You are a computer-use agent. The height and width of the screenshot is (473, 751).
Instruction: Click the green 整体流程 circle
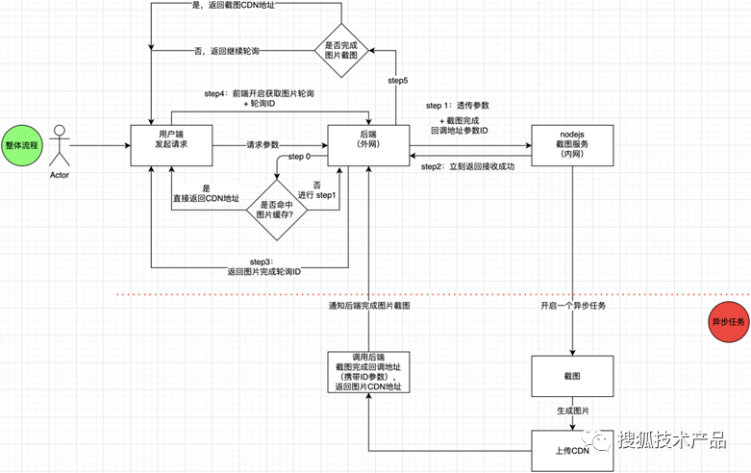(x=22, y=145)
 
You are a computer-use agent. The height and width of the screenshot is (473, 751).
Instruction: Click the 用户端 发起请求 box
(x=171, y=145)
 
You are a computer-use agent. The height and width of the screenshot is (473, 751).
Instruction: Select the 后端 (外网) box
(x=368, y=145)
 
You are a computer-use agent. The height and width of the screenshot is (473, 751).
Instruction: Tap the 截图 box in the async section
(x=572, y=376)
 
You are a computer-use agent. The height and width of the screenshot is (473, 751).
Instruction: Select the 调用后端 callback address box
(x=368, y=372)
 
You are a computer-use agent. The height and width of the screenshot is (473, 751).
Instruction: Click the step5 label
(x=397, y=81)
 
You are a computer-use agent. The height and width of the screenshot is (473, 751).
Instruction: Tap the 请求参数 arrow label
(x=263, y=145)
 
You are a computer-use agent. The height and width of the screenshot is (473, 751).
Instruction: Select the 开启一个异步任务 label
(x=574, y=305)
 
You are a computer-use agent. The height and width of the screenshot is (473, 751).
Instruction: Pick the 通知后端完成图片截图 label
(x=369, y=305)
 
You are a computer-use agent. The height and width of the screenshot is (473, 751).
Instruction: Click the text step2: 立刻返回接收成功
(x=469, y=167)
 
